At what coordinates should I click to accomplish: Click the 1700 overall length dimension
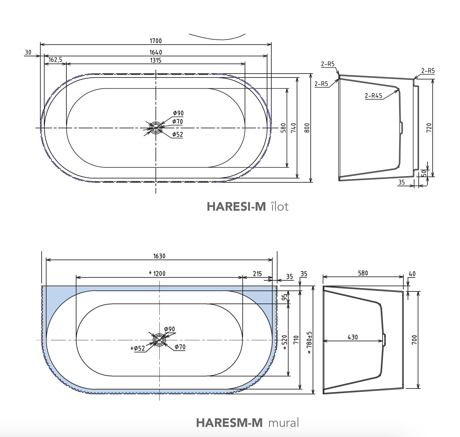pyautogui.click(x=156, y=41)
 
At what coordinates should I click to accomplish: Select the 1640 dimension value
pyautogui.click(x=156, y=52)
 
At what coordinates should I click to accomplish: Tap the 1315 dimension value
pyautogui.click(x=156, y=61)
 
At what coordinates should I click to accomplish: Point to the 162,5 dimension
pyautogui.click(x=55, y=60)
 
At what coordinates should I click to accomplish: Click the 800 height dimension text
pyautogui.click(x=307, y=128)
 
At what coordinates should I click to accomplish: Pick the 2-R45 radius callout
pyautogui.click(x=373, y=95)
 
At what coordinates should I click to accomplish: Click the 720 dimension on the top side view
pyautogui.click(x=429, y=128)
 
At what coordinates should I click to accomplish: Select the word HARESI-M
pyautogui.click(x=236, y=206)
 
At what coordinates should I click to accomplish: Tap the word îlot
pyautogui.click(x=279, y=206)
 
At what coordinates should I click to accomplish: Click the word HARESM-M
pyautogui.click(x=229, y=423)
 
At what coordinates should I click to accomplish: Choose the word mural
pyautogui.click(x=284, y=423)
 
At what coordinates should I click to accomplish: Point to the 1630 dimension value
pyautogui.click(x=159, y=256)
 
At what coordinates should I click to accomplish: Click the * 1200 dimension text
pyautogui.click(x=157, y=274)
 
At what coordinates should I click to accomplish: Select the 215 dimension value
pyautogui.click(x=257, y=274)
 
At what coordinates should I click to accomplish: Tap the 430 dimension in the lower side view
pyautogui.click(x=353, y=337)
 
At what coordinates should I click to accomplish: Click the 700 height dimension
pyautogui.click(x=414, y=340)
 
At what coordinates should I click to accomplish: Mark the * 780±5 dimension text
pyautogui.click(x=309, y=342)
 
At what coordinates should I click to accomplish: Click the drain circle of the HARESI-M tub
pyautogui.click(x=156, y=128)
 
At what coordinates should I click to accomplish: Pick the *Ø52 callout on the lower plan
pyautogui.click(x=138, y=348)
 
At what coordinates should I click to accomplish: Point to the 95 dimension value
pyautogui.click(x=284, y=297)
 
